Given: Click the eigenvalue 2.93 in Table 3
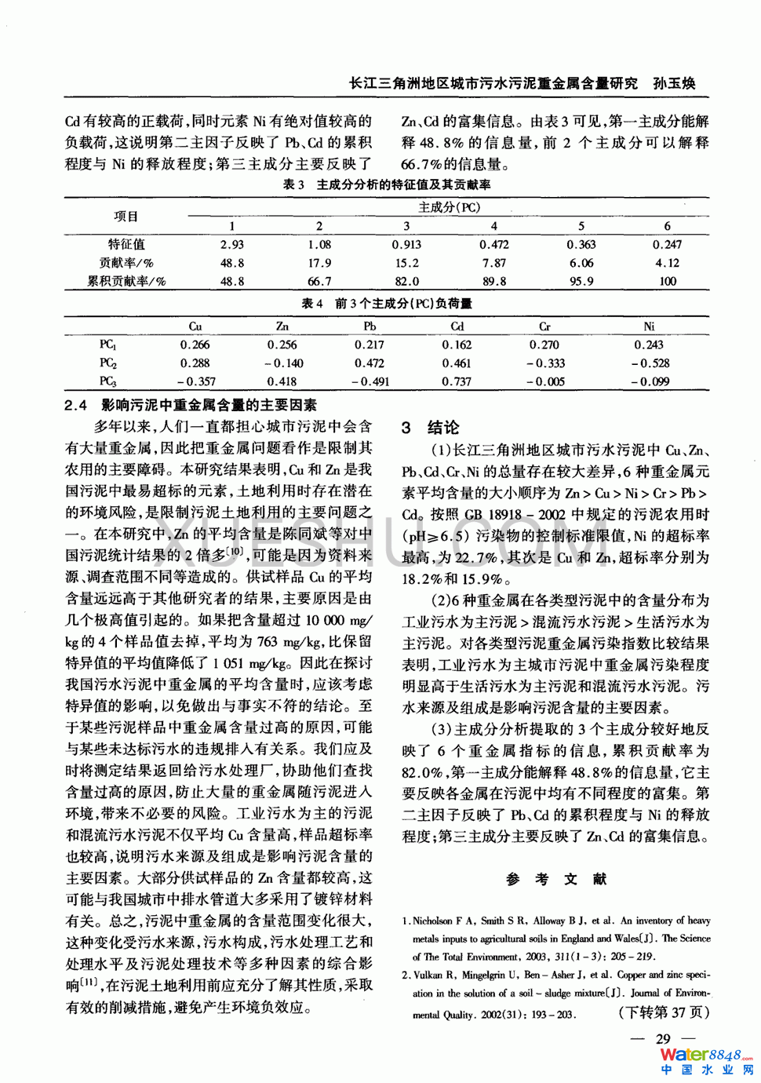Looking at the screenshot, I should coord(231,245).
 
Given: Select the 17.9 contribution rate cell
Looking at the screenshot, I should coord(319,264).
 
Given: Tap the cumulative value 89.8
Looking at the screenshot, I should coord(494,282).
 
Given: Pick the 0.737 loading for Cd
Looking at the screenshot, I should coord(457,382).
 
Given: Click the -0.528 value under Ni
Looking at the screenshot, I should coord(650,363).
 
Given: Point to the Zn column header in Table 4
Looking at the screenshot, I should coord(282,326).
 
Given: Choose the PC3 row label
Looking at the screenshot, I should coord(107,382).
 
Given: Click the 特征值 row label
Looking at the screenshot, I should coord(126,245).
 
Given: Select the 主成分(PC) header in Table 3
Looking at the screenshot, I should coord(449,208).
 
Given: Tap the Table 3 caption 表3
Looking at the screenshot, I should coord(293,185).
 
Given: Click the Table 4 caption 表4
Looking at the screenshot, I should coord(312,304).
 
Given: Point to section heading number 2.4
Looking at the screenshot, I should coord(76,406).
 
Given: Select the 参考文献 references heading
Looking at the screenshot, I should coord(556,880).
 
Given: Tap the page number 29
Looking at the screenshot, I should coord(663,1039).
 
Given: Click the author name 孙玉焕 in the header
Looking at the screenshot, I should coord(675,84).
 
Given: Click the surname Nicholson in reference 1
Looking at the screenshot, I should coord(432,921).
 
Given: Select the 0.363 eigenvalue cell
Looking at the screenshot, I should coord(581,245).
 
